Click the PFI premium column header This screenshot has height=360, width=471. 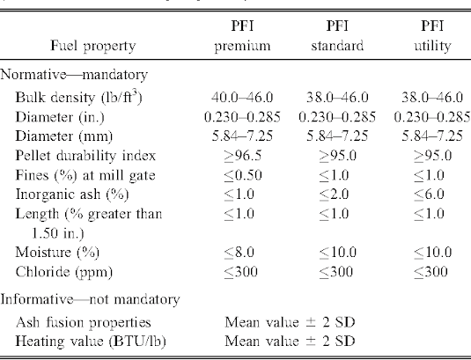[x=242, y=36]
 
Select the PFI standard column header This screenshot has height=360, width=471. [x=337, y=36]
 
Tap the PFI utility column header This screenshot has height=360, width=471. [x=432, y=36]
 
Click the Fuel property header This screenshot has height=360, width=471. [x=93, y=47]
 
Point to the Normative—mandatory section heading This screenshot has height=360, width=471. [x=74, y=75]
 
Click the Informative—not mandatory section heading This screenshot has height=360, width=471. [x=90, y=299]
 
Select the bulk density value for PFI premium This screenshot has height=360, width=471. [x=242, y=98]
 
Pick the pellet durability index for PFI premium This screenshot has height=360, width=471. [x=243, y=156]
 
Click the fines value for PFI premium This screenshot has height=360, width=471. [x=243, y=175]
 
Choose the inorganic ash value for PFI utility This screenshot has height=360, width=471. [x=429, y=195]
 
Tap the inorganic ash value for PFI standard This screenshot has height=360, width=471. [x=334, y=195]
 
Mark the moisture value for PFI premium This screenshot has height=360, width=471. [x=239, y=252]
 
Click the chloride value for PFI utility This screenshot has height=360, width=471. [x=431, y=272]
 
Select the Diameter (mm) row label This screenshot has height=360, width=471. [x=64, y=136]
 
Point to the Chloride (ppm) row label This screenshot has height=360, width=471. [x=64, y=272]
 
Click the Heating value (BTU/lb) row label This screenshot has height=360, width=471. [x=91, y=342]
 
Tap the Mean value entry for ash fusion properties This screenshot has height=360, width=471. [x=290, y=322]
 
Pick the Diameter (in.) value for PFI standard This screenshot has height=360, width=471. [x=337, y=117]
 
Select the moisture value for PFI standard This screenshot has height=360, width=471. [x=338, y=252]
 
